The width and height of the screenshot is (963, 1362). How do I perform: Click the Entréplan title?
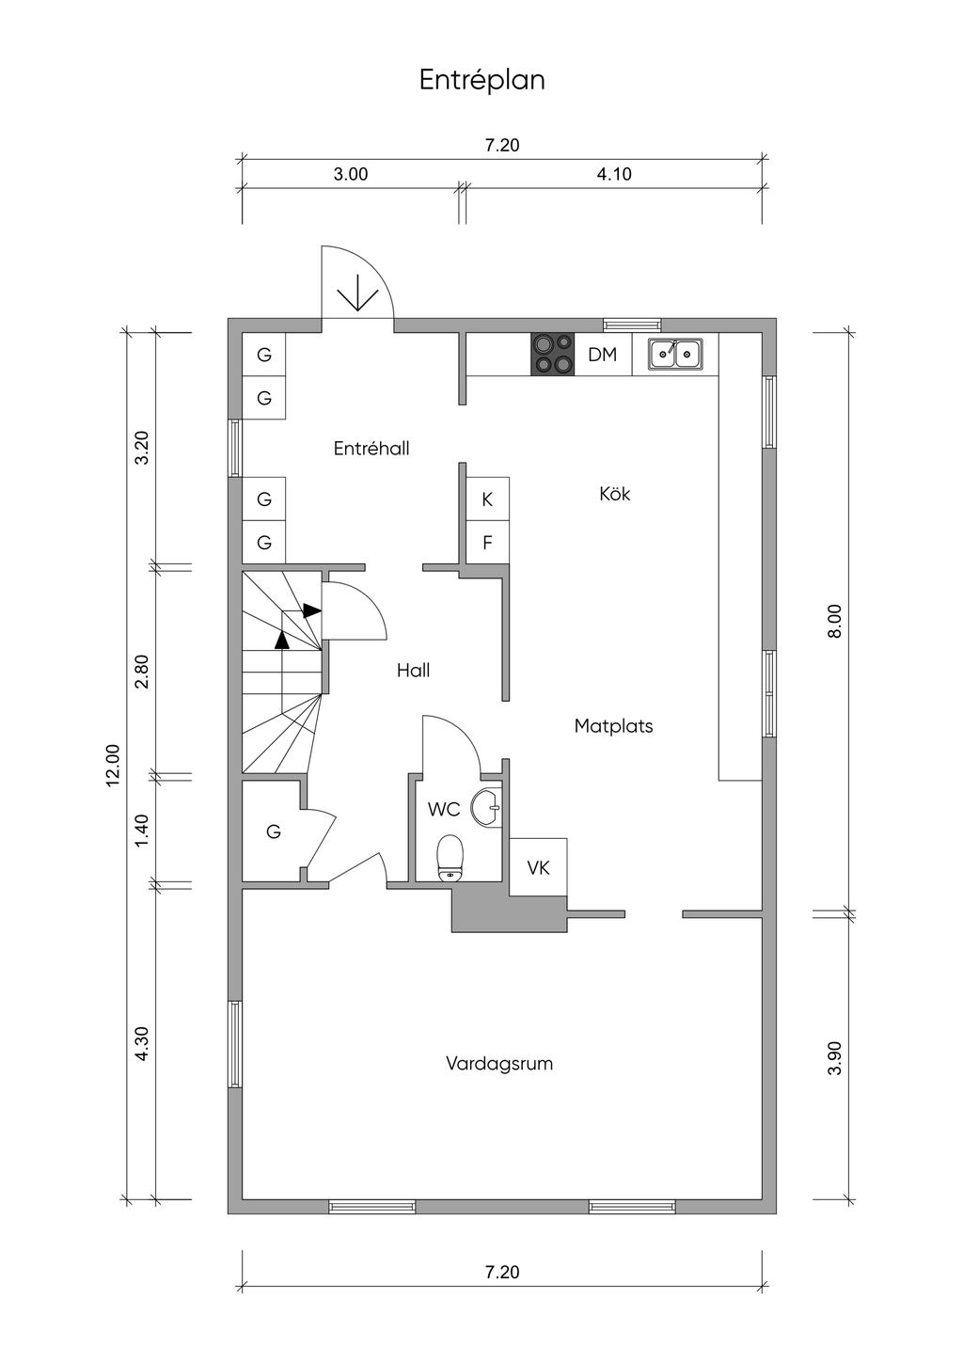click(482, 80)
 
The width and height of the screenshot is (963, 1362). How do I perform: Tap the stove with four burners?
click(553, 354)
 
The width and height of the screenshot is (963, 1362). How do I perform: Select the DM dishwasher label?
click(603, 355)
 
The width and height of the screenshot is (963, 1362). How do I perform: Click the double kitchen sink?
click(675, 354)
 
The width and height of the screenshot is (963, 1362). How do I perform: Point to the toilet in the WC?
click(450, 857)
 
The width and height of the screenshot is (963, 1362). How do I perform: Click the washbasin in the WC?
click(487, 807)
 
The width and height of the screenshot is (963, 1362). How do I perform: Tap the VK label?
click(538, 867)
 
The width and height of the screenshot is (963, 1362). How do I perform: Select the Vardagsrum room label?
click(499, 1064)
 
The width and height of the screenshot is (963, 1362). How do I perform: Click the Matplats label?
click(613, 725)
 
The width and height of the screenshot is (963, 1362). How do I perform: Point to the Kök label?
click(615, 493)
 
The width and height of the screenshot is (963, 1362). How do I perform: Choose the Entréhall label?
click(371, 448)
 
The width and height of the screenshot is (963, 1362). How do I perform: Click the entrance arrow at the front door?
click(357, 293)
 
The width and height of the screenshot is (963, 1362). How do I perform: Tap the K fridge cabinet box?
click(487, 499)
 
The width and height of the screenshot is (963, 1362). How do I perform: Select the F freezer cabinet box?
click(487, 543)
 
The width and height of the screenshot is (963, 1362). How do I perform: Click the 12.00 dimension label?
click(113, 765)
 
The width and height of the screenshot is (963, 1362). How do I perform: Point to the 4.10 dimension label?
click(614, 175)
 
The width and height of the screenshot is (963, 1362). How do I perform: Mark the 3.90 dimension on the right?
click(835, 1058)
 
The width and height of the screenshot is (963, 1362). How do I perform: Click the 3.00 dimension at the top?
click(351, 175)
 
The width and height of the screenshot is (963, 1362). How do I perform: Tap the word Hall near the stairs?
click(414, 670)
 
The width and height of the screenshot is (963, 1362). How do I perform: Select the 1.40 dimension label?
click(142, 830)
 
